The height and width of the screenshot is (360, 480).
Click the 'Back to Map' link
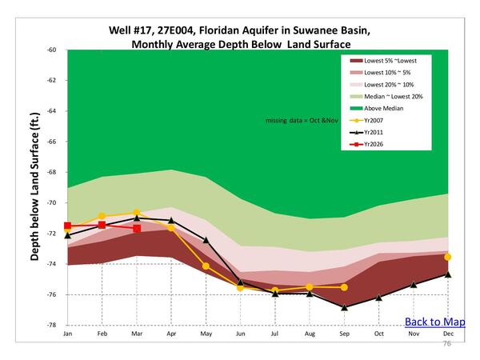pos(434,322)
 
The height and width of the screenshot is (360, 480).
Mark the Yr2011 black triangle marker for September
pos(344,307)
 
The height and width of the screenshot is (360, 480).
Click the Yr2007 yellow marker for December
pos(448,257)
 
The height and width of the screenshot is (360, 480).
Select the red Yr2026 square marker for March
pos(137,229)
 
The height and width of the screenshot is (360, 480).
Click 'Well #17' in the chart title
pos(134,30)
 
